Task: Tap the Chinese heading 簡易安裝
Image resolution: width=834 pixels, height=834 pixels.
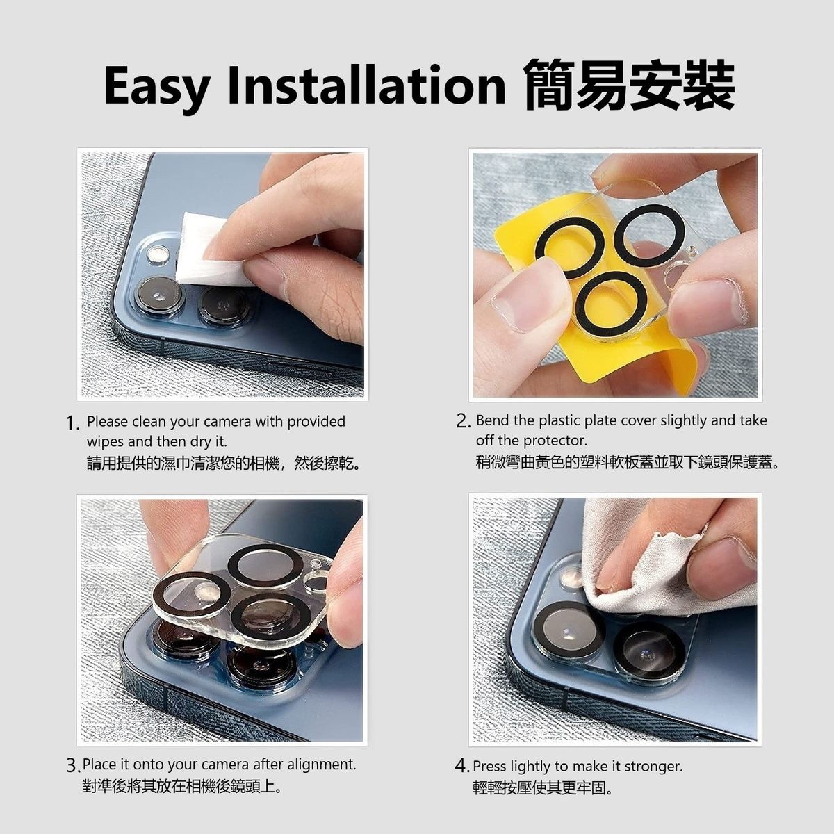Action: point(629,85)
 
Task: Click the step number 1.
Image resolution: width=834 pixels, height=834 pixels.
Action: point(72,423)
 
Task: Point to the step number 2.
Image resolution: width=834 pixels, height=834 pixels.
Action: point(462,422)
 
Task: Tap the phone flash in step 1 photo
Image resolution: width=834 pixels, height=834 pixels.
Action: point(158,254)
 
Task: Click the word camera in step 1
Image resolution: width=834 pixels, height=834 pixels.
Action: point(227,422)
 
